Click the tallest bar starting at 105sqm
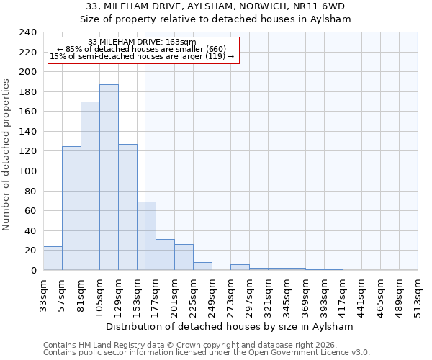click(109, 177)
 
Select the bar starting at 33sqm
click(53, 258)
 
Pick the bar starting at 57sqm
click(71, 208)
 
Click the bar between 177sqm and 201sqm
click(165, 255)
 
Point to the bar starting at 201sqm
click(184, 257)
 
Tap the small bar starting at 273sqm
click(240, 267)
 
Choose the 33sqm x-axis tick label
click(44, 295)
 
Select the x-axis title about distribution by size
click(230, 326)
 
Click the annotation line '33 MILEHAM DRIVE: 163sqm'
click(142, 42)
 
